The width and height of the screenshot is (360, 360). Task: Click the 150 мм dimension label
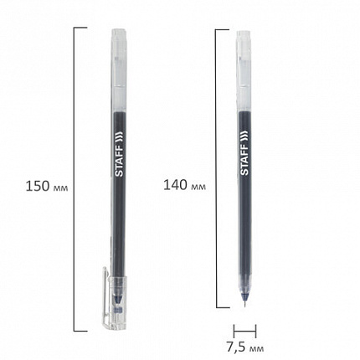pos(47,186)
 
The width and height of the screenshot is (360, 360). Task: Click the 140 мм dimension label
pos(184,185)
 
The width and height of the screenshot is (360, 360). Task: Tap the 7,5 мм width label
pos(244,347)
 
